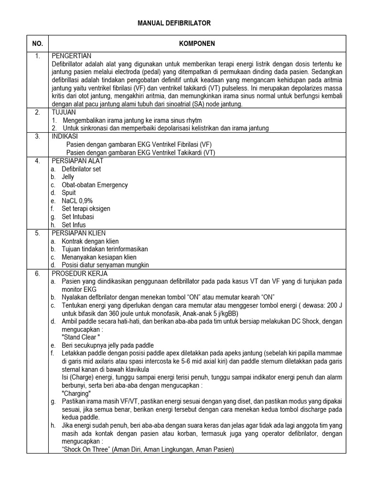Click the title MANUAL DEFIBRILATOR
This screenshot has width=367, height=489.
[x=174, y=23]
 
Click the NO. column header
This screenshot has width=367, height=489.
[x=38, y=43]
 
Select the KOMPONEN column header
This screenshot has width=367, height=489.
[x=196, y=43]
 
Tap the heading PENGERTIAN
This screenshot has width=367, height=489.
[x=71, y=55]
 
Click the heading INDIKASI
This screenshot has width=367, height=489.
[x=65, y=136]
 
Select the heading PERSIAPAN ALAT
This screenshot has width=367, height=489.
[x=76, y=161]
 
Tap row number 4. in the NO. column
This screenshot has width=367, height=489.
[x=38, y=161]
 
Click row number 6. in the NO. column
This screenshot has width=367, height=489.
[x=38, y=274]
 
